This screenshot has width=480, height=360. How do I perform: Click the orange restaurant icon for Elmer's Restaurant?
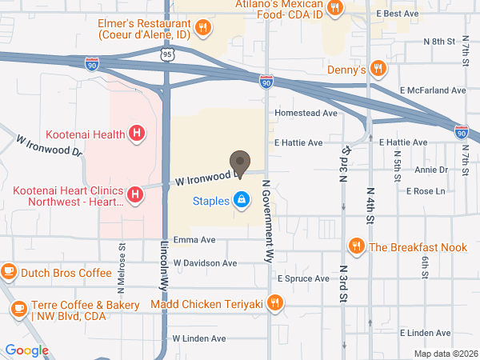[204, 27]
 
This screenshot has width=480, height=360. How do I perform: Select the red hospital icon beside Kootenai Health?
[137, 133]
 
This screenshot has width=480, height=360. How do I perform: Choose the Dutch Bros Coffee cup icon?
[9, 272]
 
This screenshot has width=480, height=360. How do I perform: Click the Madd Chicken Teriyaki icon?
[275, 302]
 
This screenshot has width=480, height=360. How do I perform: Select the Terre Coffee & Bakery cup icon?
[18, 308]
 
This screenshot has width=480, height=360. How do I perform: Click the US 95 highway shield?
[166, 54]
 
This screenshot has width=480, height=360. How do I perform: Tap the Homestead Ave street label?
[306, 114]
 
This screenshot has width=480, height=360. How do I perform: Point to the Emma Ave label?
[194, 239]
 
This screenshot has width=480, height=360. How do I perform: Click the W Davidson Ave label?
[205, 262]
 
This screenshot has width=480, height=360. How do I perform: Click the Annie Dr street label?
[431, 170]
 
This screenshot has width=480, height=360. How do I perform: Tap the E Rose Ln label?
[425, 191]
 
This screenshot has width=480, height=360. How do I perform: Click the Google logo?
[26, 350]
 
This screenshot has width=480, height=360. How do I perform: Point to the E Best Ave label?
[398, 14]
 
